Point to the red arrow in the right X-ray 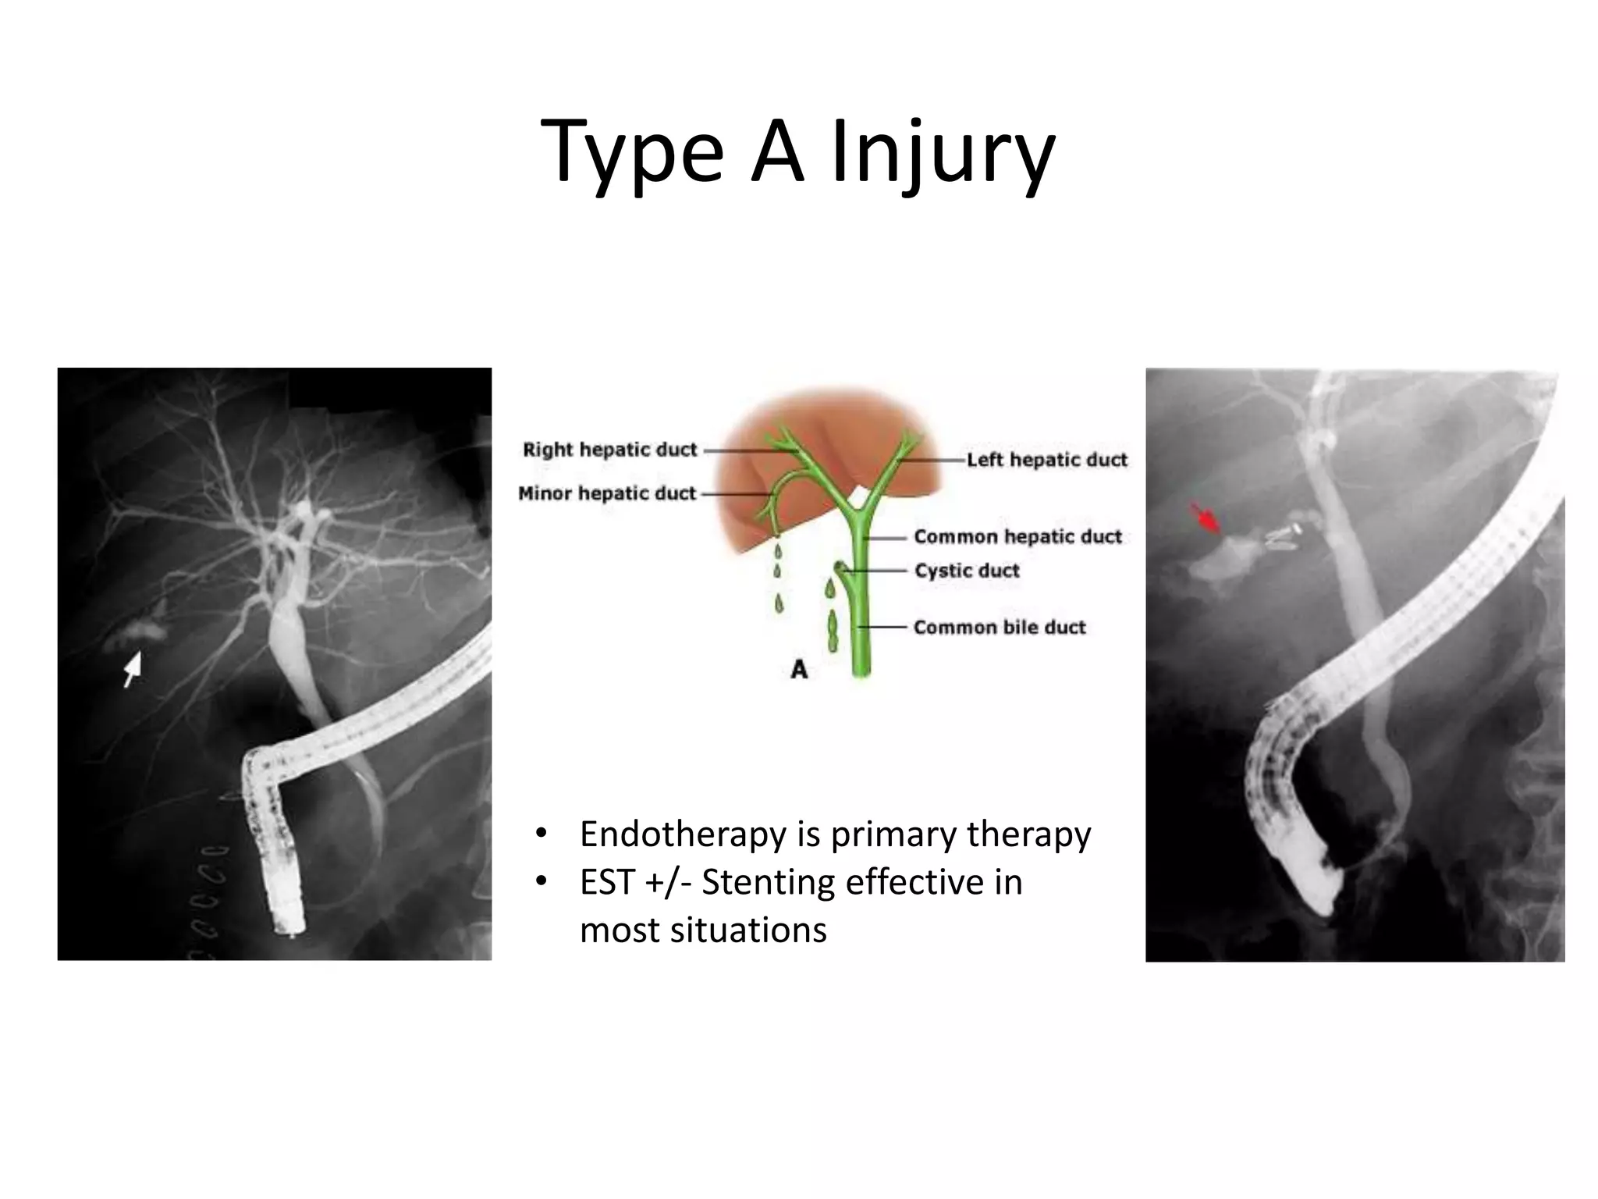click(1206, 518)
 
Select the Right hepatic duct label click(609, 450)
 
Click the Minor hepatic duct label click(606, 493)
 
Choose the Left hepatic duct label click(1047, 460)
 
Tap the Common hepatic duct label click(1017, 537)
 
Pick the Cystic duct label click(967, 571)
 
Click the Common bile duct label click(1000, 628)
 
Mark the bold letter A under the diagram click(799, 669)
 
